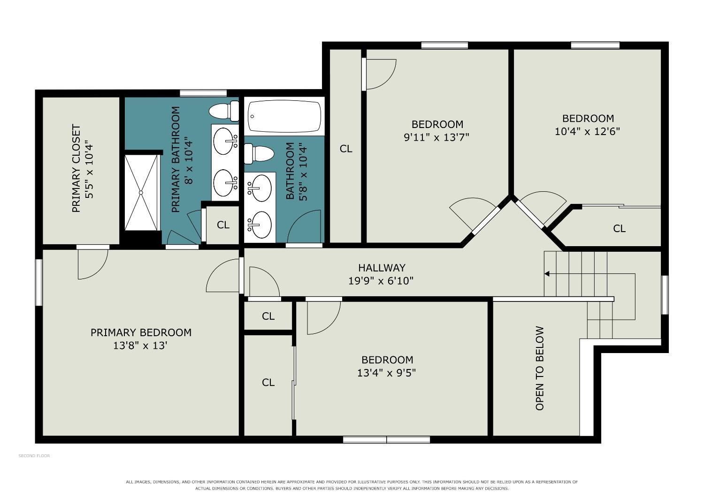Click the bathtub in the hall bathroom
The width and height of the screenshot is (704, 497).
pos(284,116)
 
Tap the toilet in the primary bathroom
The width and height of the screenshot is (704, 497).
pos(224,111)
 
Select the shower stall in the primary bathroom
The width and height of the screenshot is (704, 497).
pos(141,192)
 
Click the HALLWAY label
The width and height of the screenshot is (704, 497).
pos(382,268)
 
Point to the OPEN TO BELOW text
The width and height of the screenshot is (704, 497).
pos(539,368)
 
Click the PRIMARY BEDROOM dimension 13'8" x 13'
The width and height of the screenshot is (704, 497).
pos(140,346)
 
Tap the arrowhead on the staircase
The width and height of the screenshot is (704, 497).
pos(547,274)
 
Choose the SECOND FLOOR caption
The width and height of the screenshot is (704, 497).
pos(34,456)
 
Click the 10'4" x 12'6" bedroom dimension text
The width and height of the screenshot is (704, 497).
pos(588,131)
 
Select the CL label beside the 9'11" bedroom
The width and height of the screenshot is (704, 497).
pos(346,149)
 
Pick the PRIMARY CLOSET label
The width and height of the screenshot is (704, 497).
pos(77,168)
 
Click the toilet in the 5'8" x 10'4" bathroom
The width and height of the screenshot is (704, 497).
pos(259,153)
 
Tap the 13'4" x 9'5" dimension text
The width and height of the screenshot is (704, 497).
pos(387,373)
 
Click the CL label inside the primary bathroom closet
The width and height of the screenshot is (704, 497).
pos(223,225)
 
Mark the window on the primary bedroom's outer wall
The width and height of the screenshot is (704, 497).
pos(38,282)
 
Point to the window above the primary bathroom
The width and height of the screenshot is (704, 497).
pos(203,93)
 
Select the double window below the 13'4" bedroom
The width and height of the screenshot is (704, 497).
pos(386,439)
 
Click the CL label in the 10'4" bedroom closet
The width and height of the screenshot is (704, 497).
pos(619,228)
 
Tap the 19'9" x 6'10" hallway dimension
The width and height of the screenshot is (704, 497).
pos(381,281)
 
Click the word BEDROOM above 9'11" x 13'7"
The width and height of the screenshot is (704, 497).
pos(437,124)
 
